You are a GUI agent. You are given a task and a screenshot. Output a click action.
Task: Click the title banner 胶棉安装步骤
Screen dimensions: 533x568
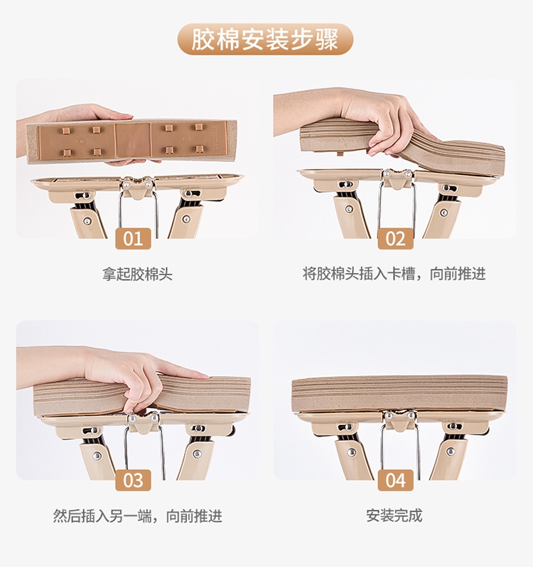point(265,39)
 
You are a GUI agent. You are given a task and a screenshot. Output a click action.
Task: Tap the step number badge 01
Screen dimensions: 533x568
point(134,239)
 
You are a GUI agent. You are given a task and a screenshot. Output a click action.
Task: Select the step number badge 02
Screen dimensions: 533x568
point(395,239)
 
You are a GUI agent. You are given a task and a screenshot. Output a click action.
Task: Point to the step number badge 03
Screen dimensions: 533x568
point(134,481)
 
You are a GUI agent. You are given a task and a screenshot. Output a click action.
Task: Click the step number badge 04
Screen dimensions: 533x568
point(395,481)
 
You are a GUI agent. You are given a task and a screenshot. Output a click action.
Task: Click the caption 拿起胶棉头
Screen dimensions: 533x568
point(137,274)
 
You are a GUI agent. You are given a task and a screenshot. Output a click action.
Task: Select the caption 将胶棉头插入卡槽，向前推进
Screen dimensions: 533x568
point(394,274)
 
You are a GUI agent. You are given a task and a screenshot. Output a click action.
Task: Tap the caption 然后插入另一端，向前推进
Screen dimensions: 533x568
point(138,515)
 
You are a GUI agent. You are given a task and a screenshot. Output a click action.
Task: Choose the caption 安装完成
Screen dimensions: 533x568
point(394,515)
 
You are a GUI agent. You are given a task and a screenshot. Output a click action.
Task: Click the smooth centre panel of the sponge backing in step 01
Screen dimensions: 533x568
point(133,140)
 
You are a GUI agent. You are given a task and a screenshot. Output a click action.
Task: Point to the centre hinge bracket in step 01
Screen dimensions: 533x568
point(138,188)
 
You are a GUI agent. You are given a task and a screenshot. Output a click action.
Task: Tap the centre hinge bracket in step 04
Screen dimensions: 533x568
point(399,421)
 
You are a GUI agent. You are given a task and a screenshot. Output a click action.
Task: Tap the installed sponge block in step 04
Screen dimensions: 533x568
point(399,393)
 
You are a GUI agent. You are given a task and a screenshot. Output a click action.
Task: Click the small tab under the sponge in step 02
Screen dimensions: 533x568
point(340,153)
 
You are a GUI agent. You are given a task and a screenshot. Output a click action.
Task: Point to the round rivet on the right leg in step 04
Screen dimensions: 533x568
point(451,451)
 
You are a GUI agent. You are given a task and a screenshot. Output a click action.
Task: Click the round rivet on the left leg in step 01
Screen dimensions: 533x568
point(87,220)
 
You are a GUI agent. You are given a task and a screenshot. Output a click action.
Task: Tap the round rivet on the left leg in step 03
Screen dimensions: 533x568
point(97,456)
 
